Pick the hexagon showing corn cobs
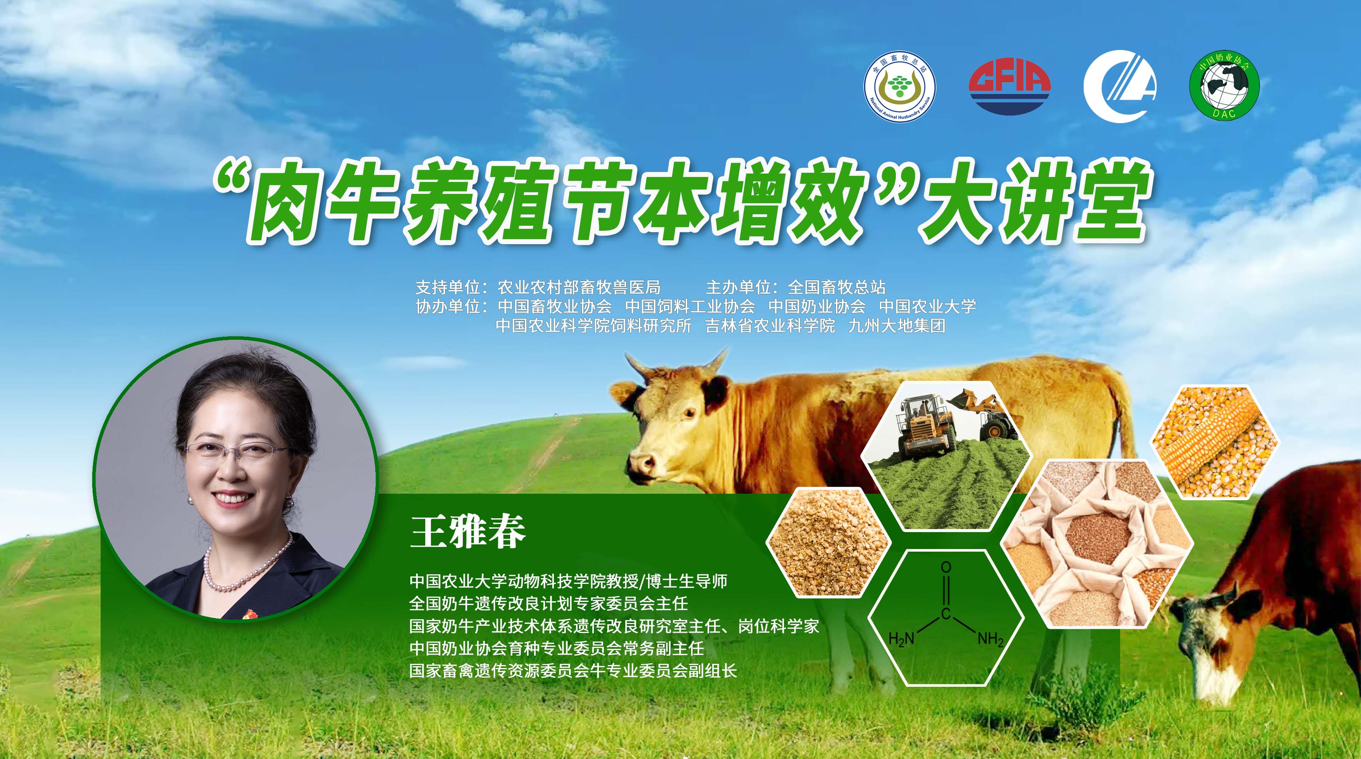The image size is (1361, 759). (x=1215, y=442)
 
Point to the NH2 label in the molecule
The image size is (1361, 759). (x=991, y=640)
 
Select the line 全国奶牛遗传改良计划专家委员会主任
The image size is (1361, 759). (x=549, y=604)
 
